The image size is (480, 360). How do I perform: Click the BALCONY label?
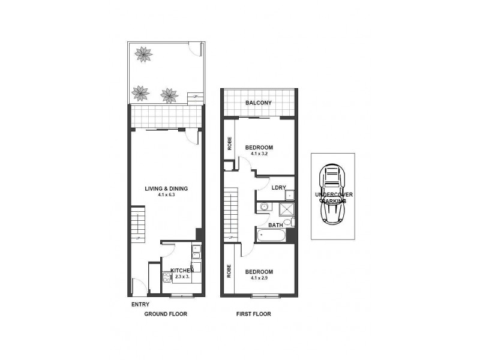(259, 103)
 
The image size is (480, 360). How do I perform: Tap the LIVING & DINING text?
(166, 188)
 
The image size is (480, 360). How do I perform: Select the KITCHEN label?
(182, 271)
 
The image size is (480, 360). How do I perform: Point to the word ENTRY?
(140, 304)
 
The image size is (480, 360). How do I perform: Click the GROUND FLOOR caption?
(166, 314)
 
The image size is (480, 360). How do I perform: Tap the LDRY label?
(278, 187)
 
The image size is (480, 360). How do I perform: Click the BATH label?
(275, 225)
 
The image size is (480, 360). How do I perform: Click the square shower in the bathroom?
(287, 209)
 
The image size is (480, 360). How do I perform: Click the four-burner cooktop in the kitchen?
(166, 278)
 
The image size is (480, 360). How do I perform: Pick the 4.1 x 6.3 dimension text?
(166, 196)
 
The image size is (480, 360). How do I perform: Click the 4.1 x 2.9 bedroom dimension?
(259, 278)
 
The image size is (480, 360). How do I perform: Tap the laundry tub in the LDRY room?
(289, 195)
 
